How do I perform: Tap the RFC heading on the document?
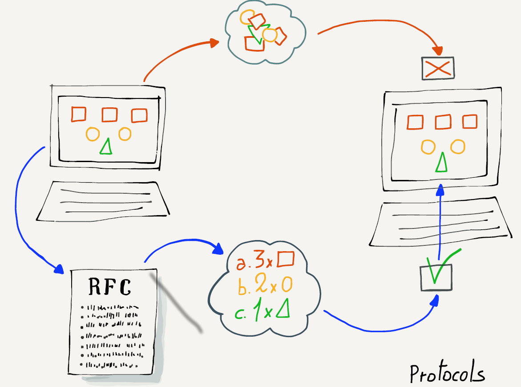[110, 287]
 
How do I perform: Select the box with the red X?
[438, 68]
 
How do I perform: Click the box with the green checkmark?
[436, 277]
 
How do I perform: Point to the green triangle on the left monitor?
[106, 147]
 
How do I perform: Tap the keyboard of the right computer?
[438, 225]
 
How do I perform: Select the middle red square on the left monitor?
[109, 114]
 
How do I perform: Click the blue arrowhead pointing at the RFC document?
[59, 269]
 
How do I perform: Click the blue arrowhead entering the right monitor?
[440, 190]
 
